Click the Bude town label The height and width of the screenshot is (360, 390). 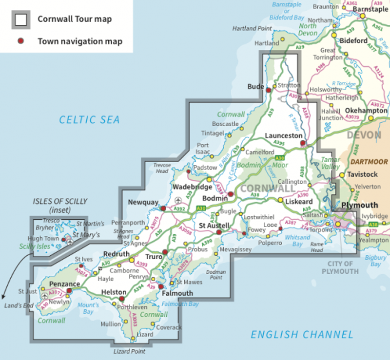[x=255, y=86]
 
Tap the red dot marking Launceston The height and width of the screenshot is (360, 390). [x=303, y=143]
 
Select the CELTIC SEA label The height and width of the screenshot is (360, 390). [x=90, y=119]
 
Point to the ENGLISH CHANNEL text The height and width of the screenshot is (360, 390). [x=302, y=335]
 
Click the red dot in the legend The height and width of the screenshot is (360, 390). [x=20, y=41]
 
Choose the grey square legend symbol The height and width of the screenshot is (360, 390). [x=20, y=20]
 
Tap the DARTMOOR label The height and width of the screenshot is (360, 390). [x=370, y=162]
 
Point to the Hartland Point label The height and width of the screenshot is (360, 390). [x=252, y=29]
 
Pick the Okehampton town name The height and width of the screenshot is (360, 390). [x=366, y=111]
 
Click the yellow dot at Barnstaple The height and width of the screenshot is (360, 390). [x=362, y=16]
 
